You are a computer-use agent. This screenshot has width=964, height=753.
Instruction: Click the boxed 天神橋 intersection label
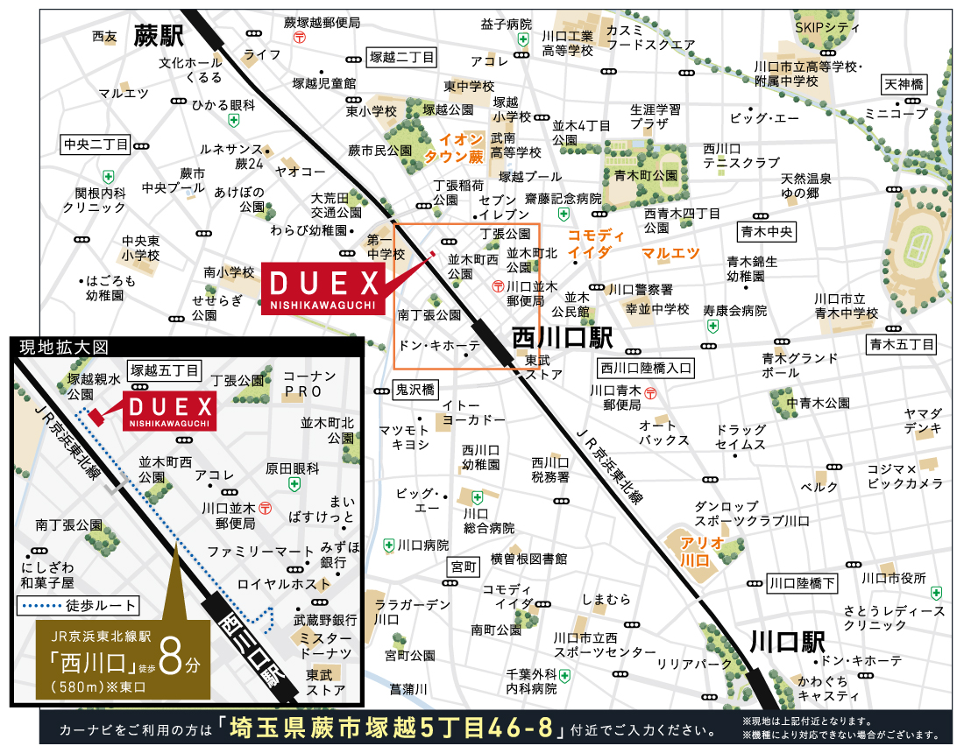[x=904, y=85]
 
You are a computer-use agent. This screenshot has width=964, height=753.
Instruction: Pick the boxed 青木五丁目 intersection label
[x=902, y=344]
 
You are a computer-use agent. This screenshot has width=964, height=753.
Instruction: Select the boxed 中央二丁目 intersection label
[x=96, y=144]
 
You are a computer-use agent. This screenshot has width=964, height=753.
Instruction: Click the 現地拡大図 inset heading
[x=53, y=348]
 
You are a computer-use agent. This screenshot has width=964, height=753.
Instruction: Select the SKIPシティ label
[x=827, y=27]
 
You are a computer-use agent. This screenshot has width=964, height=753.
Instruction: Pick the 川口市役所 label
[x=893, y=578]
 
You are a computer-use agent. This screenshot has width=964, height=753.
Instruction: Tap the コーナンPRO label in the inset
[x=309, y=381]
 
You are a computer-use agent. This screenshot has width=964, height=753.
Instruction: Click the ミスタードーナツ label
[x=325, y=645]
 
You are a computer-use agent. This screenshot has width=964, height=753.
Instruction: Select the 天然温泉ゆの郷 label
[x=806, y=186]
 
